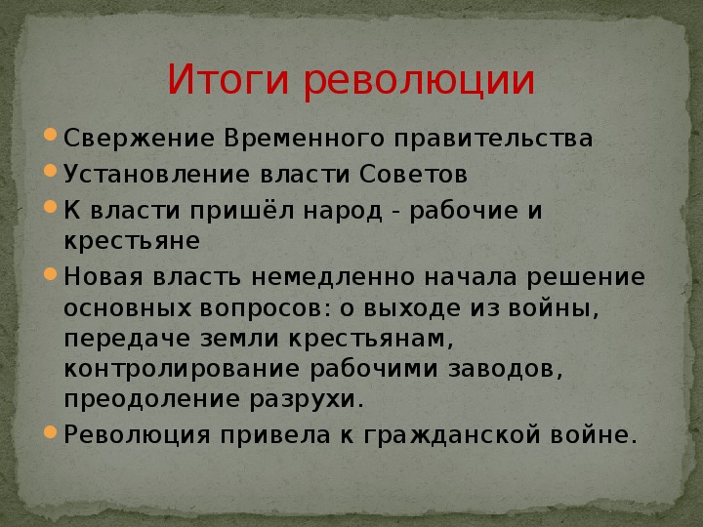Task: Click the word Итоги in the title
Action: point(228,80)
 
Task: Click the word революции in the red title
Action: point(419,81)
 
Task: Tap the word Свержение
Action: point(139,138)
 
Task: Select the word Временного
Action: point(305,138)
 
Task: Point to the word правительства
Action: point(494,139)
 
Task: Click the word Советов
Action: point(413,174)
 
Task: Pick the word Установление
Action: point(156,175)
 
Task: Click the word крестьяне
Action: point(132,241)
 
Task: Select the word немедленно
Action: point(333,277)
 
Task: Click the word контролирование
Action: point(182,369)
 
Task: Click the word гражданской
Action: point(452,434)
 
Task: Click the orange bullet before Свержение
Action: point(50,135)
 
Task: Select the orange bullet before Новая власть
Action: point(50,274)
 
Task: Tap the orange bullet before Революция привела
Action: point(50,431)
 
